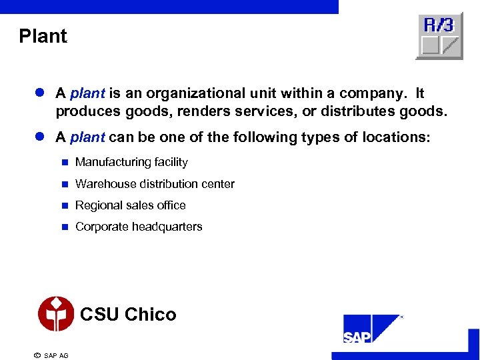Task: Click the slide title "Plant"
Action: click(43, 36)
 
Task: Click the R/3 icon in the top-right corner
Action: click(439, 36)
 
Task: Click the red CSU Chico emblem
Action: click(56, 314)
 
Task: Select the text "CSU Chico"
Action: click(128, 315)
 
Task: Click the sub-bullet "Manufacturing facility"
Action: click(131, 162)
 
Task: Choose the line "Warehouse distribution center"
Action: click(155, 183)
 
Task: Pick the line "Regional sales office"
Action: click(130, 205)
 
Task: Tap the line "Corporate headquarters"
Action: click(139, 227)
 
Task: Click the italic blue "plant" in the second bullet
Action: click(87, 137)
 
